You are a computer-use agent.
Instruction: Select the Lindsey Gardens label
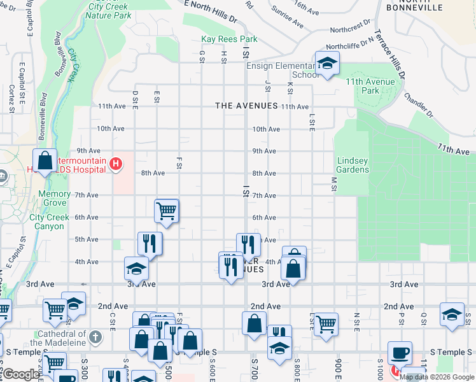[x=353, y=166]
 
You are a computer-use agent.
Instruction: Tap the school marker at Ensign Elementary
[x=327, y=64]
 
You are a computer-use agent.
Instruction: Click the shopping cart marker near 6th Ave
[x=167, y=211]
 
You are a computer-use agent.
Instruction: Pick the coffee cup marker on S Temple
[x=400, y=353]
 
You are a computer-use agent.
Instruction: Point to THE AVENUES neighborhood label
[x=246, y=106]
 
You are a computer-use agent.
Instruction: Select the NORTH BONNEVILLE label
[x=414, y=6]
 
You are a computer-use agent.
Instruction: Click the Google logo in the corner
[x=20, y=374]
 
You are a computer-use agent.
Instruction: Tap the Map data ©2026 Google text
[x=437, y=377]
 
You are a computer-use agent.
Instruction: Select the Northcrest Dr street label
[x=351, y=29]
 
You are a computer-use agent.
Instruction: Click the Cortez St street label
[x=11, y=99]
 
